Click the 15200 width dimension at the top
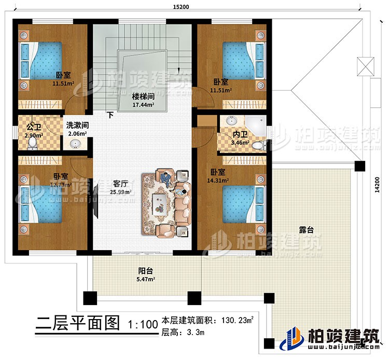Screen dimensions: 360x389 tap(180, 7)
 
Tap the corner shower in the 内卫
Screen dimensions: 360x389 tap(257, 124)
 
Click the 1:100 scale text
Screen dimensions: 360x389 tap(141, 325)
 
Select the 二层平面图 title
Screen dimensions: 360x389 tap(76, 325)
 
